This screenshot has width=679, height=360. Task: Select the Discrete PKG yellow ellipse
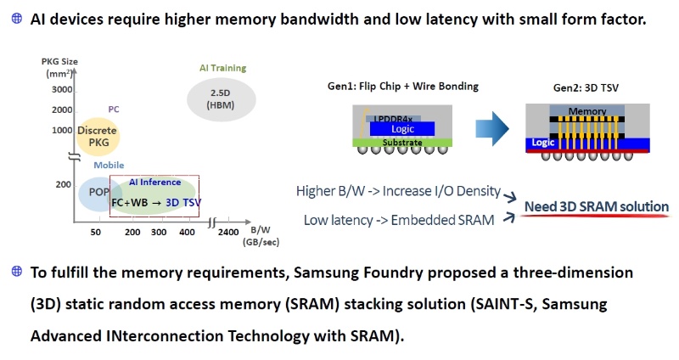click(x=97, y=136)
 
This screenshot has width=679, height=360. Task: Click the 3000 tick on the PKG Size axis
click(x=61, y=90)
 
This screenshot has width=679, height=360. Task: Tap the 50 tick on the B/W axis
click(x=97, y=231)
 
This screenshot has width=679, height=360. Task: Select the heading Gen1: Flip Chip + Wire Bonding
click(x=403, y=86)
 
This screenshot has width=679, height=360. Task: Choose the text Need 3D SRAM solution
click(x=596, y=206)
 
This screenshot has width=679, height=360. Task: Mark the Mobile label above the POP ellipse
click(x=109, y=165)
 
